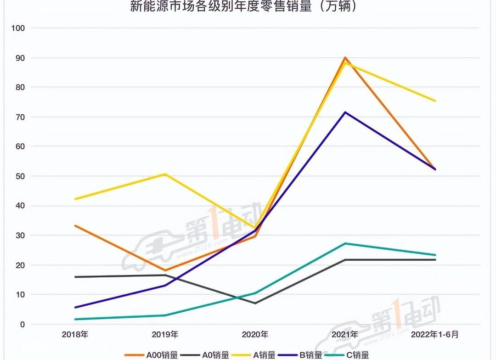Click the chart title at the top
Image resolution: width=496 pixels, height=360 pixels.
coord(243,7)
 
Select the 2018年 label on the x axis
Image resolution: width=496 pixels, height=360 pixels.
coord(75,335)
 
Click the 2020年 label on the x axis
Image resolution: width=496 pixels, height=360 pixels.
coord(255,335)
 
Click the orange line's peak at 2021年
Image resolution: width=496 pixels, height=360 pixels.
coord(345,58)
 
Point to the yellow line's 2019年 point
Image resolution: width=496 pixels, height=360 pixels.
coord(165,174)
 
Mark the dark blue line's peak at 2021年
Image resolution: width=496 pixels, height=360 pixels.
coord(345,112)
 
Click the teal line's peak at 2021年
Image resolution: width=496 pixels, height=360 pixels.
coord(345,243)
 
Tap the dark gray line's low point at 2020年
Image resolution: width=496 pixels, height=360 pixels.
coord(255,303)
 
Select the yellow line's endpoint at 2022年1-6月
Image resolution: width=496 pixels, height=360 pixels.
coord(435,101)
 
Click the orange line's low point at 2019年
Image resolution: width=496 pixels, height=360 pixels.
coord(165,270)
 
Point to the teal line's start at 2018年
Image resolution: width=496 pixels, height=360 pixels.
coord(75,319)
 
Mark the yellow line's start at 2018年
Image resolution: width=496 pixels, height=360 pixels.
coord(75,199)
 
